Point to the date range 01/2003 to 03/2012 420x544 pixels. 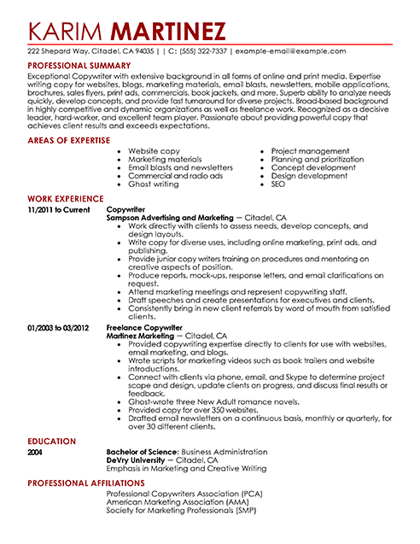pyautogui.click(x=59, y=326)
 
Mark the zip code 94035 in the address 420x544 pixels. pyautogui.click(x=146, y=51)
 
